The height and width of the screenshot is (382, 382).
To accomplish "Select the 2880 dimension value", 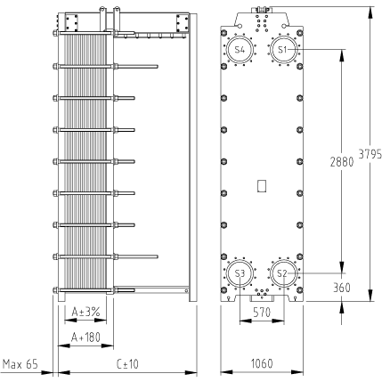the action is pos(342,162).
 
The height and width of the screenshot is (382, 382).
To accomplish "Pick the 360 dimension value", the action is pos(342,288).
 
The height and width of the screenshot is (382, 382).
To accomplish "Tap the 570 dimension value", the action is pos(262,313).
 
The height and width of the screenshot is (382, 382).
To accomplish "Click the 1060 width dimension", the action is pos(262,363).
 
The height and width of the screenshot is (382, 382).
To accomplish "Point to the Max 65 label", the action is pos(20,364).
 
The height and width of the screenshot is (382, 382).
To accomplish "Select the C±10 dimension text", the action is pos(127,363).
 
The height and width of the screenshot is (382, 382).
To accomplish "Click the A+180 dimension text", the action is pos(85,337).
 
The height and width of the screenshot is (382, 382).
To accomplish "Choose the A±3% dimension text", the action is pos(85,312).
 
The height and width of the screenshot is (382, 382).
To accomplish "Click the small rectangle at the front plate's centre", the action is pos(262,186).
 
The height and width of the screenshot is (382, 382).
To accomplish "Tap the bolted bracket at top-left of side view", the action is pos(71,22).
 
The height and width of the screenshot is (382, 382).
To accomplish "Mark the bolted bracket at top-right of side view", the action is pos(183,22).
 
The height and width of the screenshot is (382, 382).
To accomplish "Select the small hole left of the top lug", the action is pos(240,26).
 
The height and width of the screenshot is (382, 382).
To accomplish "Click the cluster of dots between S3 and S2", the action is pos(262,292).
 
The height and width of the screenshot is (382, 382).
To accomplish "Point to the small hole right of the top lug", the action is pos(284,26).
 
